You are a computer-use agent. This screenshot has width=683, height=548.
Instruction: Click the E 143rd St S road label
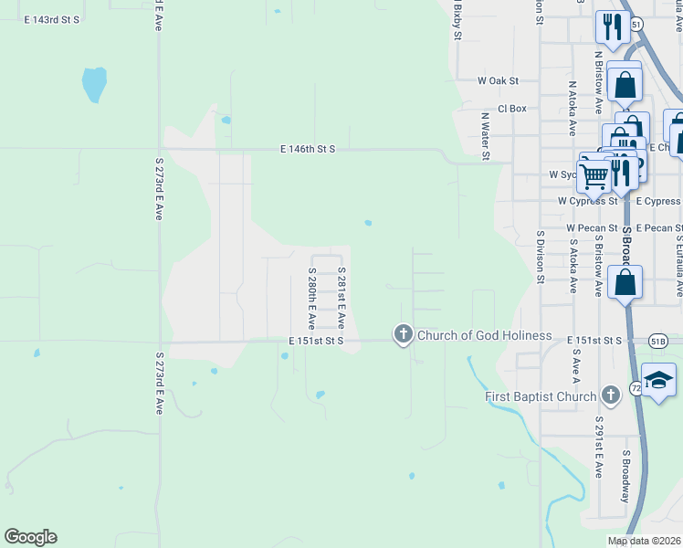pos(51,19)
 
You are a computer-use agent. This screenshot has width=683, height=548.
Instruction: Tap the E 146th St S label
pos(308,148)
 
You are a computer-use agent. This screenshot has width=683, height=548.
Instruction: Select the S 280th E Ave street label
pos(311,299)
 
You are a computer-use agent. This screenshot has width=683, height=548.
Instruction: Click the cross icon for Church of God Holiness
pos(403,335)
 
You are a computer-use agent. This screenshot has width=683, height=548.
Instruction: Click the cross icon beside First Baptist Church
pos(611,395)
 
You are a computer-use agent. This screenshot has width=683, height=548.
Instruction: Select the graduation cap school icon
pos(658,381)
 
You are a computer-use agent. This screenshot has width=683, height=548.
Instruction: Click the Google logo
pos(30,537)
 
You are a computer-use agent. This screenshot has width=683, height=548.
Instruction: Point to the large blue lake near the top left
pos(93,84)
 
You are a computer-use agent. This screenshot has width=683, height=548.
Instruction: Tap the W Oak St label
pos(498,80)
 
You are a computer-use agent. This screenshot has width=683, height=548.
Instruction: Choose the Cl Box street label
pos(511,108)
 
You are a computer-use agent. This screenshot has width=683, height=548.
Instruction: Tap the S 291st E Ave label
pos(598,456)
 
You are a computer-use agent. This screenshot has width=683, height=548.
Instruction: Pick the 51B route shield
pos(658,341)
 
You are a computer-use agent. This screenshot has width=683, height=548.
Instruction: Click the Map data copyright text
pos(645,542)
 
